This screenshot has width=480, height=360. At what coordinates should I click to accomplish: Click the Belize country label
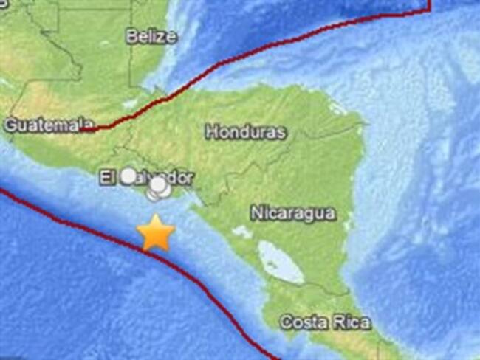[151, 35]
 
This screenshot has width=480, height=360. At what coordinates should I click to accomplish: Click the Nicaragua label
[292, 214]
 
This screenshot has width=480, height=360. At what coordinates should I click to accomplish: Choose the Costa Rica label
[325, 322]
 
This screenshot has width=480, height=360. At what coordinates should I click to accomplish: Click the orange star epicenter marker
[157, 234]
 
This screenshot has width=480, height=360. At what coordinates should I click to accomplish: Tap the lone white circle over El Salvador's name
[129, 176]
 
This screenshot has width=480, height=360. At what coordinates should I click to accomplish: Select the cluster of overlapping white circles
[158, 190]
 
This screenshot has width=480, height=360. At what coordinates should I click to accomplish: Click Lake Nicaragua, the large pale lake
[281, 263]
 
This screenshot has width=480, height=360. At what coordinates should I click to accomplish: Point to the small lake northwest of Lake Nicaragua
[241, 232]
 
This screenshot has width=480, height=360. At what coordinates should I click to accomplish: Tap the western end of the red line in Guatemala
[85, 130]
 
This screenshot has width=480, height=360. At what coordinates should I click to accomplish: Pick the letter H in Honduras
[210, 133]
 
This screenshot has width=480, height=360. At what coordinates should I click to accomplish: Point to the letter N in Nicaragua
[256, 214]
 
